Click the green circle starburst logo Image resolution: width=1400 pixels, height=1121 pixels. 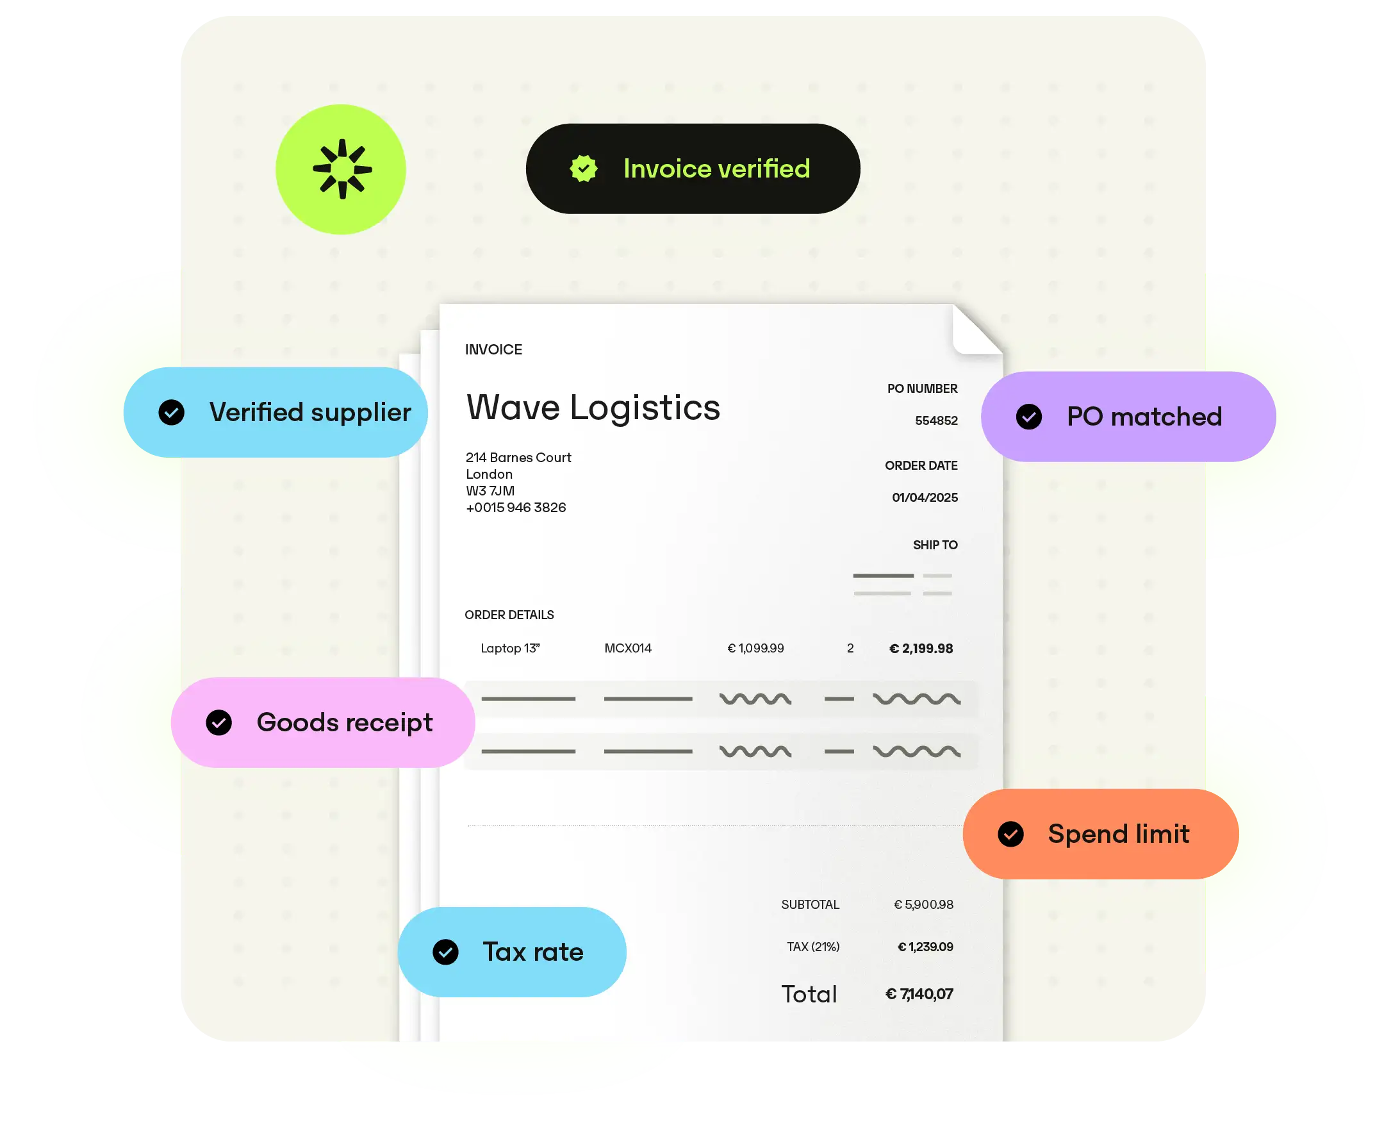341,169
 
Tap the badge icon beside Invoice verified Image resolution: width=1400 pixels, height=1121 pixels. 584,169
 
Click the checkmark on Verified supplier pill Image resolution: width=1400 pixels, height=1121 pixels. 172,412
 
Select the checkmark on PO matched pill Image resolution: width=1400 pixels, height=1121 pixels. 1029,417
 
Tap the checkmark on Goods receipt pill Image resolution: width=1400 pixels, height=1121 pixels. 219,723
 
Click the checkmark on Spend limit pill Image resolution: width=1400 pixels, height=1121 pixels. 1011,835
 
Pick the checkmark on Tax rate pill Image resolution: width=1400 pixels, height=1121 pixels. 445,952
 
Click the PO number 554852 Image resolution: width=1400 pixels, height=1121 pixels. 936,421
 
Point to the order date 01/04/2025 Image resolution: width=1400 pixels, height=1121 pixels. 925,498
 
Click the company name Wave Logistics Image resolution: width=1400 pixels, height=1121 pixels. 593,408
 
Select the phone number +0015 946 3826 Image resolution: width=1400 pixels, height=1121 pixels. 516,508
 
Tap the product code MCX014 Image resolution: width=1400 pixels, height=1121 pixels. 628,648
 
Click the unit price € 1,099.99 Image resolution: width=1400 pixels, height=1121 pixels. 756,648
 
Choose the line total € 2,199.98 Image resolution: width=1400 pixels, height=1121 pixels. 921,648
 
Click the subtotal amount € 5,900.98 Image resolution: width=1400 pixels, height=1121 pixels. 923,905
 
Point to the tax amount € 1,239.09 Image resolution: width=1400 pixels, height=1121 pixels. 925,947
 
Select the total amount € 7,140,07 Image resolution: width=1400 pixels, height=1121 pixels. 919,994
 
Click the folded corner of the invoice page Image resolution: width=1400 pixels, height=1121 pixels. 976,330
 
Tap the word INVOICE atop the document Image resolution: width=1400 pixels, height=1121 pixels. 493,350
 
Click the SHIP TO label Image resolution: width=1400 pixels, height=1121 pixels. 935,545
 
